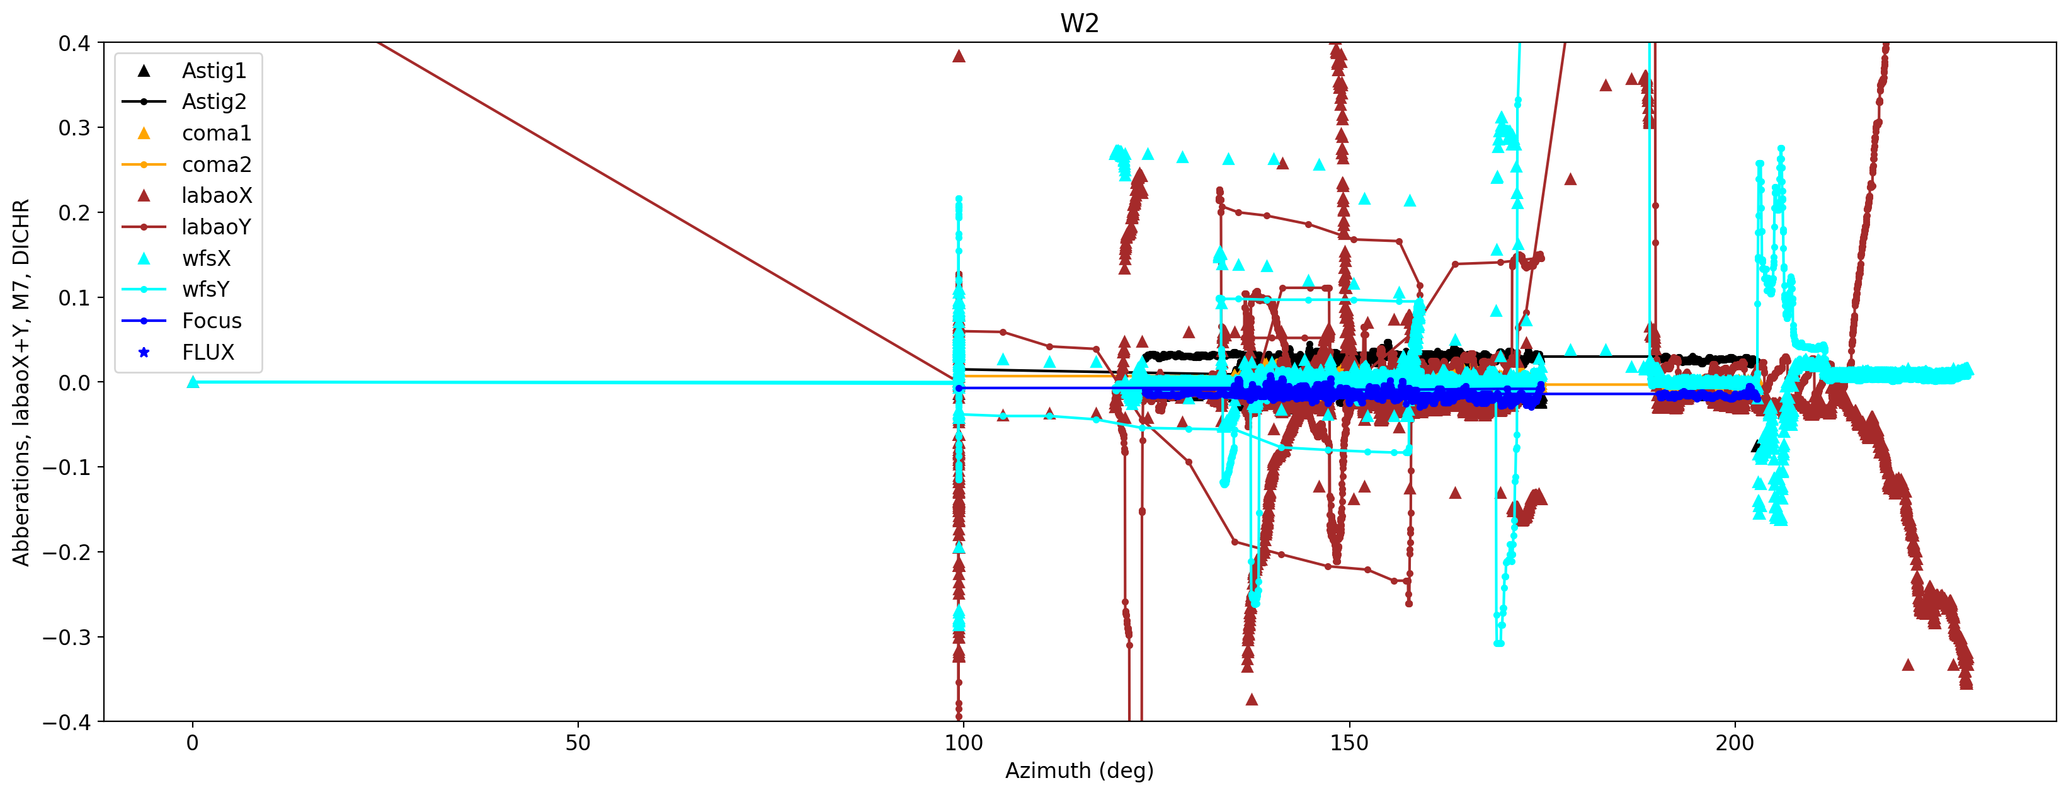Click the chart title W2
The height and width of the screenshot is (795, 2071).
1079,23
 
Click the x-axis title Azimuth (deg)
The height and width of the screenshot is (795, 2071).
1079,771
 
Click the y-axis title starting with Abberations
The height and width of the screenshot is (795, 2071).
21,382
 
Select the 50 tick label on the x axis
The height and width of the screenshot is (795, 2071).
577,743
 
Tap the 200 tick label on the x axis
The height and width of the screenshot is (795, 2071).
1734,743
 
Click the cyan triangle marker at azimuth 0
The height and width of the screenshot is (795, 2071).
193,382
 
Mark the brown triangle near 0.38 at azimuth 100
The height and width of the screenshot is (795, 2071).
958,56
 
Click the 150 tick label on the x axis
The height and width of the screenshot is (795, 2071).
1349,743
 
